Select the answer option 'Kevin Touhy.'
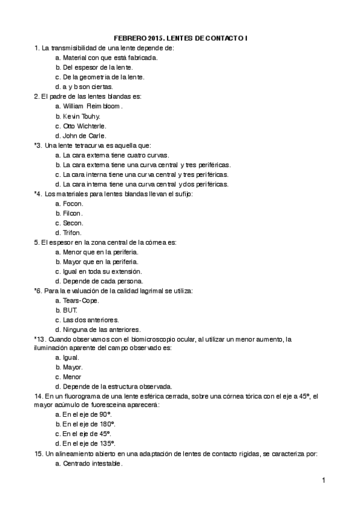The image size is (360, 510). [x=81, y=116]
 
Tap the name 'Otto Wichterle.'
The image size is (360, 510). [x=84, y=126]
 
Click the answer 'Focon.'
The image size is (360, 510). [x=73, y=203]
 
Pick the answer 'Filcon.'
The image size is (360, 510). [x=73, y=213]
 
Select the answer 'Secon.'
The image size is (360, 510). [x=73, y=223]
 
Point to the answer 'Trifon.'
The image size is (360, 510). [x=72, y=232]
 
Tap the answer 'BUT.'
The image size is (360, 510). [x=70, y=310]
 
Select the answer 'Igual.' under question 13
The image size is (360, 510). [x=71, y=357]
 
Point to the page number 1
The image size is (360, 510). [x=323, y=480]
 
